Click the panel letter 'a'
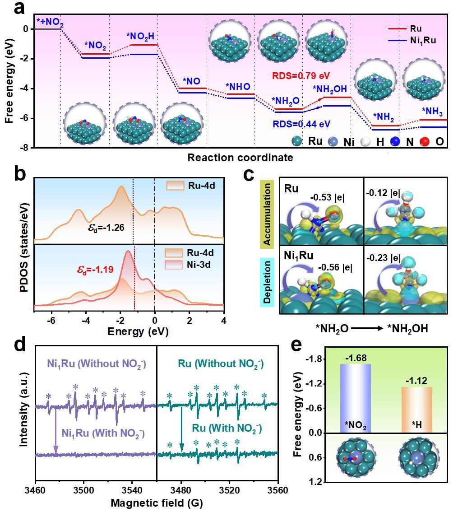[x=19, y=9]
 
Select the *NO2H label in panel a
[x=142, y=36]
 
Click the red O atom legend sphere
[x=424, y=141]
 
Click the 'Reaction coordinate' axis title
[x=240, y=158]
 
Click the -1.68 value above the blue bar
[x=355, y=358]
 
